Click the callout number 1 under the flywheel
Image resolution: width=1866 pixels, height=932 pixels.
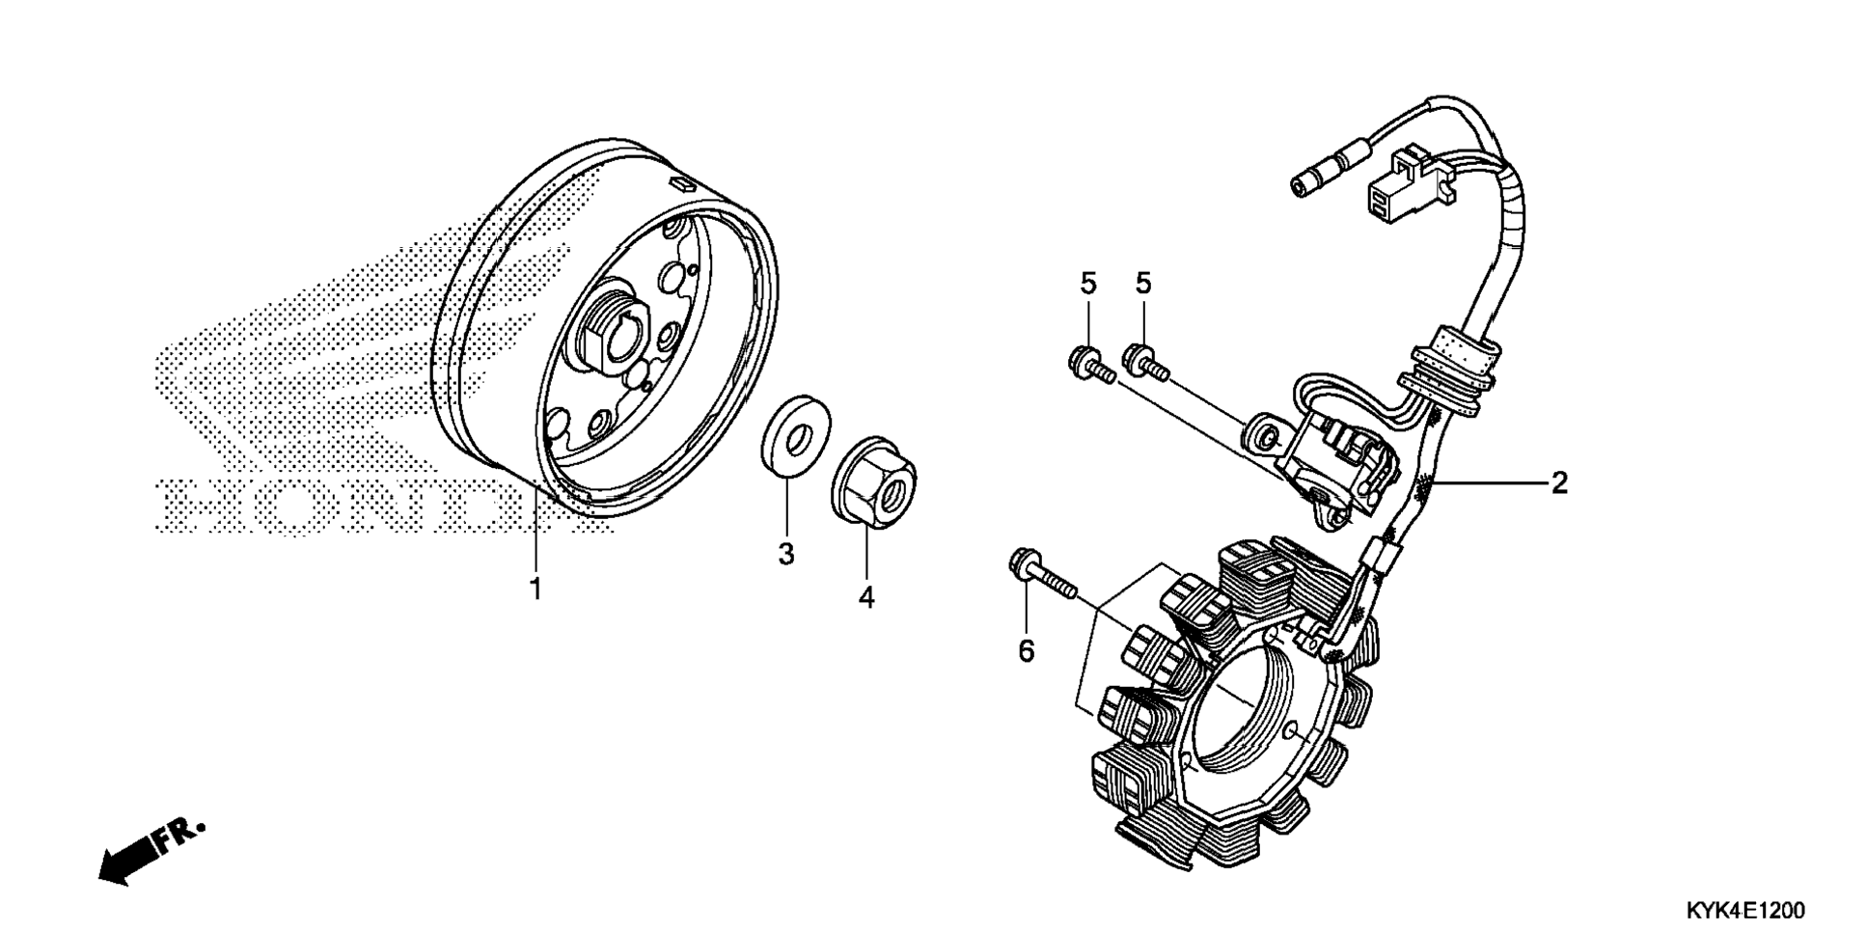[535, 589]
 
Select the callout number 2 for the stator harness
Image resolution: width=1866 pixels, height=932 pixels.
[1559, 482]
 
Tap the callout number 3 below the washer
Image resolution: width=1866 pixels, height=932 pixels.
[786, 554]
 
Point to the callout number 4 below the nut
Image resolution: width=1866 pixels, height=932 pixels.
[866, 597]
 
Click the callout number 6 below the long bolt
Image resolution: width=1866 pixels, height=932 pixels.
[1026, 651]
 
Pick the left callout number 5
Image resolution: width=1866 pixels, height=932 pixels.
[1088, 284]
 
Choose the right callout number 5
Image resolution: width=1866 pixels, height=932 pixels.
[1143, 284]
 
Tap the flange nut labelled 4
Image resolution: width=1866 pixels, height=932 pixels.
[874, 481]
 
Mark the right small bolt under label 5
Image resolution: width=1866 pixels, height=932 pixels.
[1146, 362]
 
